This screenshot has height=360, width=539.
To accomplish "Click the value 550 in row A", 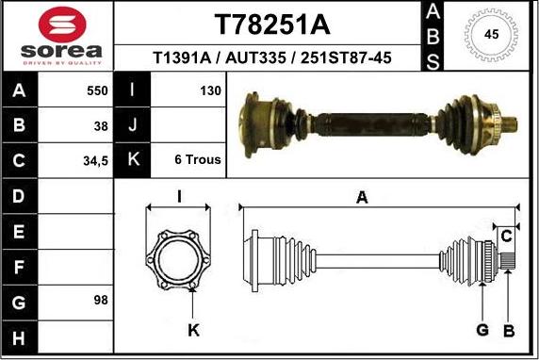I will pos(97,91).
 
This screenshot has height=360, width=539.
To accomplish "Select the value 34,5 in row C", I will pos(95,160).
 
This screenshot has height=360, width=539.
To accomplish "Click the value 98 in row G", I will pos(101,300).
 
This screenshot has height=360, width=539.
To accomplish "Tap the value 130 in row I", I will pos(210,91).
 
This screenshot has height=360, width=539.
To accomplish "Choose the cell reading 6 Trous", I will pos(198,160).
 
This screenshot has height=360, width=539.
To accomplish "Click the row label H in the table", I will pos(21,335).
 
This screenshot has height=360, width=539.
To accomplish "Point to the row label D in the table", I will pos(21,196).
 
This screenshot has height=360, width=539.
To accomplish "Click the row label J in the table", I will pos(133,125).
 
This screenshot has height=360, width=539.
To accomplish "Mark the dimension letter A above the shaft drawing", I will pos(362,196).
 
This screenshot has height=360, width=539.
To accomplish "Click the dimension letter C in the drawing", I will pos(505,234).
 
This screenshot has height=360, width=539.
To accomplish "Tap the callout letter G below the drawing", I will pos(482,329).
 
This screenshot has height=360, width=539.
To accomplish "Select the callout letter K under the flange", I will pos(193,329).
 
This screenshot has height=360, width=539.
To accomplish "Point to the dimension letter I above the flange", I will pos(178,196).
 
